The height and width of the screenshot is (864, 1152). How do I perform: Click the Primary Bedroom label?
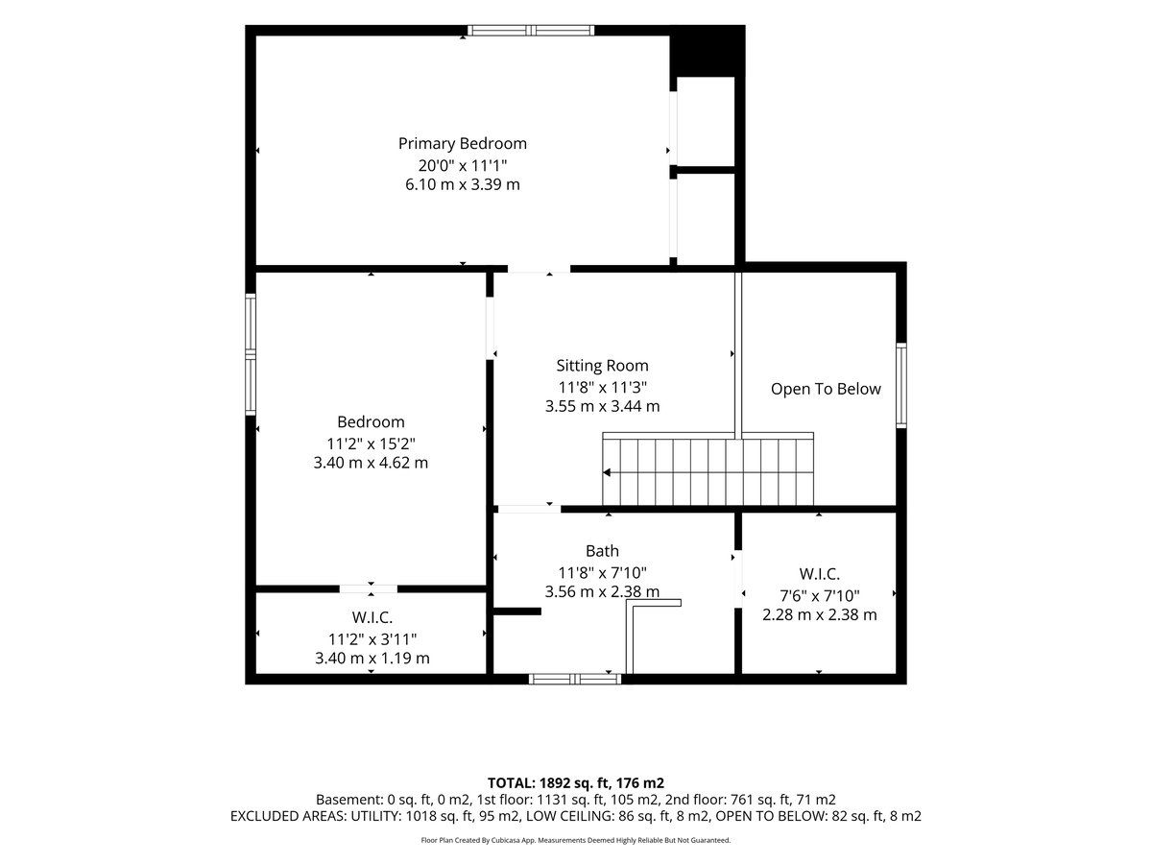pos(462,143)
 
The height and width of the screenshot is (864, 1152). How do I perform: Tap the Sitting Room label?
pos(602,365)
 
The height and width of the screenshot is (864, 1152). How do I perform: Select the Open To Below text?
pos(825,389)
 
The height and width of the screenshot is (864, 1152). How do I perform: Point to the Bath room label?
pos(602,551)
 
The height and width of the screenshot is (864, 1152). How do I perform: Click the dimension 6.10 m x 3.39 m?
pos(462,184)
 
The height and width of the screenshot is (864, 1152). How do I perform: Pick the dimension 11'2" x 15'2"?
pos(371,444)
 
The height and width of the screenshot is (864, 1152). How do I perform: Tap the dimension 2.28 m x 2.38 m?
pos(819,614)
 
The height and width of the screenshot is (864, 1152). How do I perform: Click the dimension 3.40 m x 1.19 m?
pos(372,658)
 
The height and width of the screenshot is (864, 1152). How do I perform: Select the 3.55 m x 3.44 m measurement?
pos(602,406)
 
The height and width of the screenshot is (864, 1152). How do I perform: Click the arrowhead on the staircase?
pos(606,472)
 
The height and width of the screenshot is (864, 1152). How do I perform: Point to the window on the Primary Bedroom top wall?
pos(531,31)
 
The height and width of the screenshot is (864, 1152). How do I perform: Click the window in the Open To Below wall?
pos(900,385)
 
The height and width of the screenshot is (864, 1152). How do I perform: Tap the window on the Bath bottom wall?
pos(575,680)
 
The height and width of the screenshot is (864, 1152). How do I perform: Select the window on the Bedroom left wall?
pos(251,354)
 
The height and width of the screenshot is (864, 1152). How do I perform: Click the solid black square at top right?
pos(707,51)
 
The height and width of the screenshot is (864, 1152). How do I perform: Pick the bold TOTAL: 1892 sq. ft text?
pos(548,783)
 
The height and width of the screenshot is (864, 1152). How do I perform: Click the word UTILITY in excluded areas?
pos(373,816)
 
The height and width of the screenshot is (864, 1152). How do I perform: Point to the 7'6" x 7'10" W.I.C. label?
pos(819,596)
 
